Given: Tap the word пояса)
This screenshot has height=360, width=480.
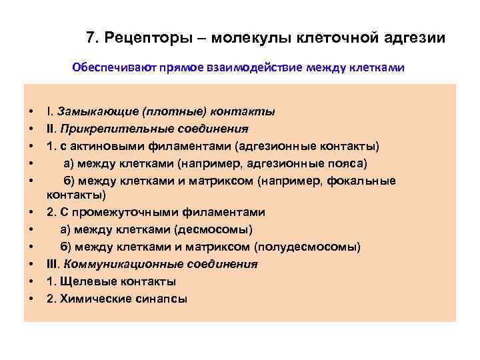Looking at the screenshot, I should (347, 163).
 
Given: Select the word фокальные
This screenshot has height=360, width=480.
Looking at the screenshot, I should (365, 181).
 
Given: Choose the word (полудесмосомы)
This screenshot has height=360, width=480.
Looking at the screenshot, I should (308, 247).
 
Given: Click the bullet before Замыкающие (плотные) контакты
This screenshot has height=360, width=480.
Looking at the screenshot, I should (31, 111).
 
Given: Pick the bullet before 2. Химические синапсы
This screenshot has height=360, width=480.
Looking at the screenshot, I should (31, 299).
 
